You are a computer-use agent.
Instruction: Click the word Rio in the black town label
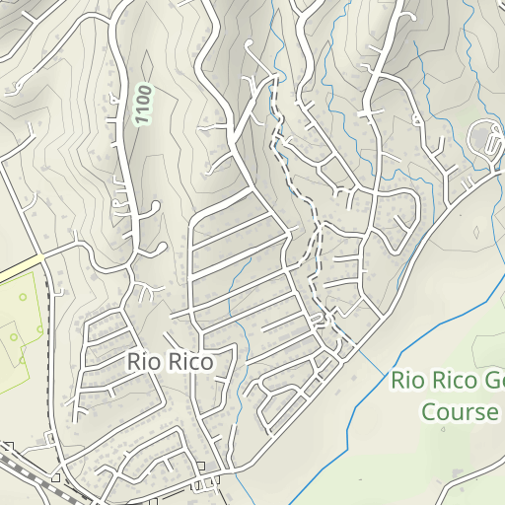[x=141, y=363]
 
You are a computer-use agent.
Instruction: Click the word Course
[x=460, y=411]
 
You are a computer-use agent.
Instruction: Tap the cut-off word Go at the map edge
[x=493, y=381]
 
